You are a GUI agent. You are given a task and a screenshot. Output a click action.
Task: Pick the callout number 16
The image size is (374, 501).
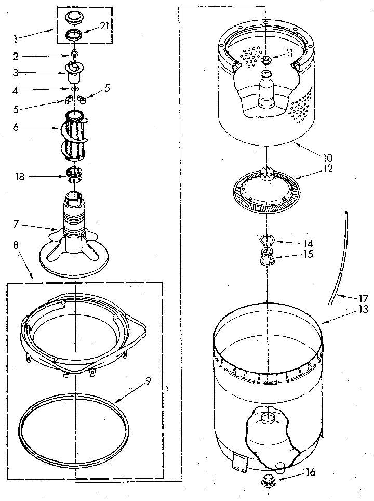coord(310,472)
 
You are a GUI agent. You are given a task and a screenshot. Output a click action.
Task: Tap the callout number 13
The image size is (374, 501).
coord(363,309)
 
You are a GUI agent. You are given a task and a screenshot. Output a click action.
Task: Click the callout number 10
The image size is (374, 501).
coord(328,156)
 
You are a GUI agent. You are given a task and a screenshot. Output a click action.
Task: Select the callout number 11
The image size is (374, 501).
coord(289,53)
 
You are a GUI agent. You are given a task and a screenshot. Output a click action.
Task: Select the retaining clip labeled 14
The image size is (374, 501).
coord(266,240)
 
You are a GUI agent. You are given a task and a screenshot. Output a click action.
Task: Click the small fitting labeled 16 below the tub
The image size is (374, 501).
coord(270,481)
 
